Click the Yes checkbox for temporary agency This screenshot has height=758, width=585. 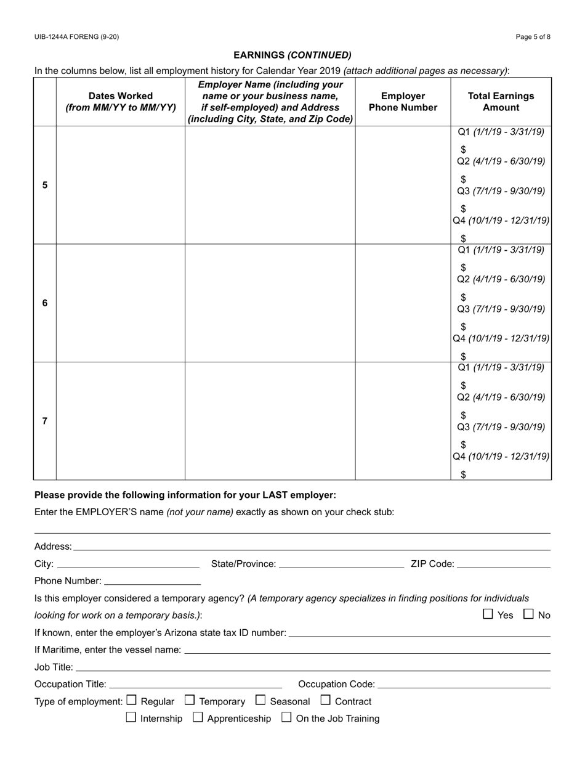tap(488, 614)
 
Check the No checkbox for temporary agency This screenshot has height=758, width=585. tap(529, 614)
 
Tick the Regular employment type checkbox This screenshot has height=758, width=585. tap(131, 700)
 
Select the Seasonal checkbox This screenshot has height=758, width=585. tap(260, 700)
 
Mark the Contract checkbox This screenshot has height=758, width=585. tap(326, 700)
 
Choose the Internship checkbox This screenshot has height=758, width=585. tap(131, 717)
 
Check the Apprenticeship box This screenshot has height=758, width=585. tap(198, 717)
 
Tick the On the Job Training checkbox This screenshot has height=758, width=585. tap(287, 717)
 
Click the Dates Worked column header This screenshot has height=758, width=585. tap(121, 102)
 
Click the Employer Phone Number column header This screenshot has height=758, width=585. tap(403, 102)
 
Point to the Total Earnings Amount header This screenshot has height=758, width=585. tap(501, 102)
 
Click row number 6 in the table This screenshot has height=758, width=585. tap(45, 303)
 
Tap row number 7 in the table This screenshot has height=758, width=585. tap(45, 421)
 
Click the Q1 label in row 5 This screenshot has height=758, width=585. tap(465, 132)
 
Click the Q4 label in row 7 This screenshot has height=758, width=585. tap(459, 457)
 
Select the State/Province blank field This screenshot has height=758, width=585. tap(341, 563)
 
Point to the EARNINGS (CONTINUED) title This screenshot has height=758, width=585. tap(292, 55)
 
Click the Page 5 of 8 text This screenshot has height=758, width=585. tap(533, 37)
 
